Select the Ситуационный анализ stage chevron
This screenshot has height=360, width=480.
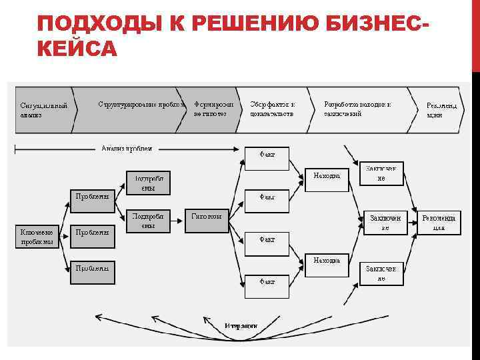(x=43, y=110)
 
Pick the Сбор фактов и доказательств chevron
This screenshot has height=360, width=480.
(x=273, y=109)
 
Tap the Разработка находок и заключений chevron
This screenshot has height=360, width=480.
(x=360, y=109)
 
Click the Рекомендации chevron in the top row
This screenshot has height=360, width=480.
(x=440, y=110)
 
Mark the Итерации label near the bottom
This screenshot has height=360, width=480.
(x=241, y=325)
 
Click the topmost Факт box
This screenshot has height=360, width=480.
(x=267, y=157)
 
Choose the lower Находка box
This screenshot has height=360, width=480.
(x=327, y=265)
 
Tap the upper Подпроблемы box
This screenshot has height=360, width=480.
(x=148, y=183)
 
